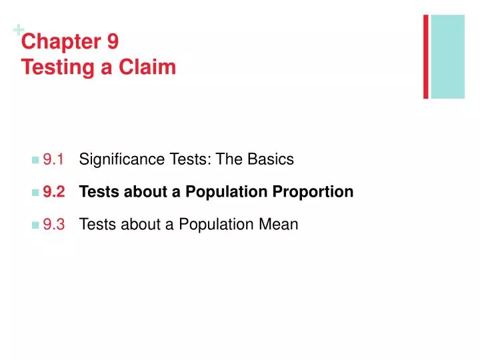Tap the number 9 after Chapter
tap(112, 43)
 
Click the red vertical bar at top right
tap(425, 57)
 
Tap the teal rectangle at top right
tap(448, 57)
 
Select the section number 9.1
tap(54, 160)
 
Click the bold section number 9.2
tap(55, 192)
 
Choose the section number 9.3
tap(54, 225)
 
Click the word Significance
tap(117, 160)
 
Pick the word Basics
tap(271, 160)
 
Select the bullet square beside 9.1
tap(35, 161)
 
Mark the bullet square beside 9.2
tap(35, 193)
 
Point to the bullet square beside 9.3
tap(35, 225)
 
